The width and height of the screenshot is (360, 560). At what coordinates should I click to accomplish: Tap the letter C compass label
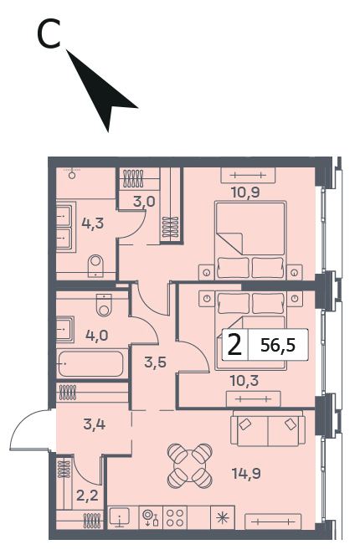[49, 34]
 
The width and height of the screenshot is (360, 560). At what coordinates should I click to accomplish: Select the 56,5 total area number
[278, 345]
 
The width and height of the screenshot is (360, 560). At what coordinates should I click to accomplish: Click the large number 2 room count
[234, 345]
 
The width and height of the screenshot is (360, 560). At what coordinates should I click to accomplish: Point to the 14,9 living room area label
[246, 474]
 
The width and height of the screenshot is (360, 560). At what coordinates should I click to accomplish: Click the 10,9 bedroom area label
[245, 193]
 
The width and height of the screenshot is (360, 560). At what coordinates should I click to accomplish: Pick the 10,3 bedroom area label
[244, 381]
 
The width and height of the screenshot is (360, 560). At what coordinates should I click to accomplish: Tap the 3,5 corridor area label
[156, 362]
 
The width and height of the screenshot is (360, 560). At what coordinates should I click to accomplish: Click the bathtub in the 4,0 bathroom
[91, 363]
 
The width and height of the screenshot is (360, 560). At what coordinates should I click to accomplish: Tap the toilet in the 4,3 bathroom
[95, 265]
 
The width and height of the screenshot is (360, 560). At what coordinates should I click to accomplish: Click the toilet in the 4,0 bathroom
[104, 305]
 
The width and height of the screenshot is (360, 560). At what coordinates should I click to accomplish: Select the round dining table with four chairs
[190, 465]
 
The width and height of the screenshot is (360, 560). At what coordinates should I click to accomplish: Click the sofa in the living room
[268, 429]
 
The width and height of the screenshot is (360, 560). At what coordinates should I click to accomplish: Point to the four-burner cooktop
[175, 518]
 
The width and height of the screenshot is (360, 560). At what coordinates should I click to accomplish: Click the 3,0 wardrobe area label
[144, 202]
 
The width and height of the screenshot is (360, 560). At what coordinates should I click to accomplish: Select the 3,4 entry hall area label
[95, 424]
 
